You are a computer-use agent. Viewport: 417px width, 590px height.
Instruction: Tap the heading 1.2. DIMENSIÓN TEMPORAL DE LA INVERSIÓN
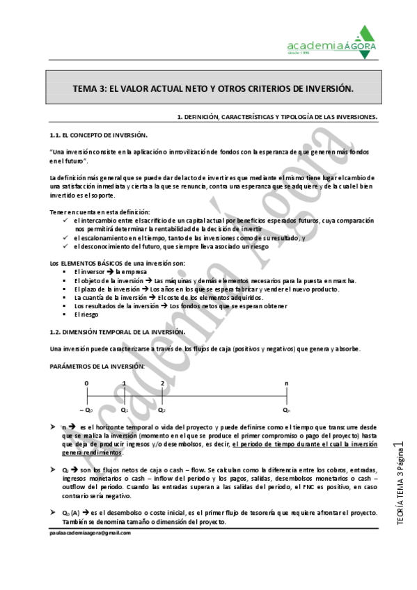click(117, 332)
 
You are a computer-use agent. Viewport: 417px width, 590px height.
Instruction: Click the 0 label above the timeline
click(86, 383)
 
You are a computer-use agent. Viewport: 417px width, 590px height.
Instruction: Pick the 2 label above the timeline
click(162, 383)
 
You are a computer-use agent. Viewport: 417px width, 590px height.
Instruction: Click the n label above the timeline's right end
click(286, 383)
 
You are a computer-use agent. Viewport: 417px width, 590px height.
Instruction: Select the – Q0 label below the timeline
click(86, 410)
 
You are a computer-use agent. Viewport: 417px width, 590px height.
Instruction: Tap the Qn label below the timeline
click(286, 410)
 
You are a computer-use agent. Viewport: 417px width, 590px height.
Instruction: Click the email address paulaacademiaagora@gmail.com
click(90, 532)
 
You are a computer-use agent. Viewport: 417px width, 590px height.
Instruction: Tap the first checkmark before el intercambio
click(65, 220)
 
